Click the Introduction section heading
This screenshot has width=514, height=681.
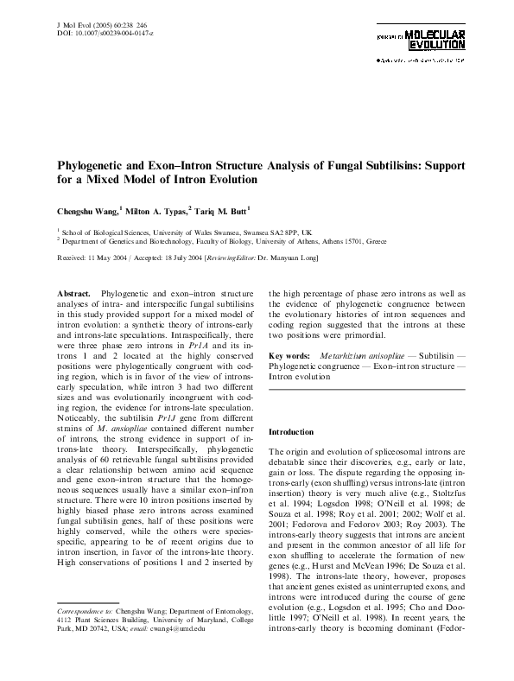[x=295, y=431]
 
